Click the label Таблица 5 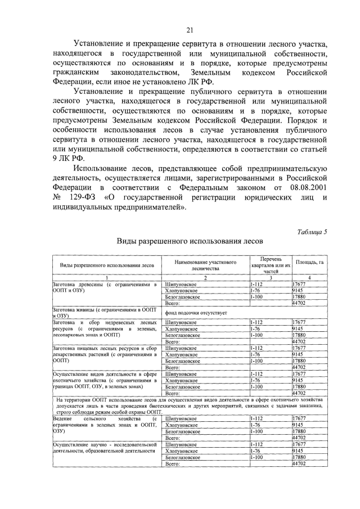[x=310, y=232]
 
